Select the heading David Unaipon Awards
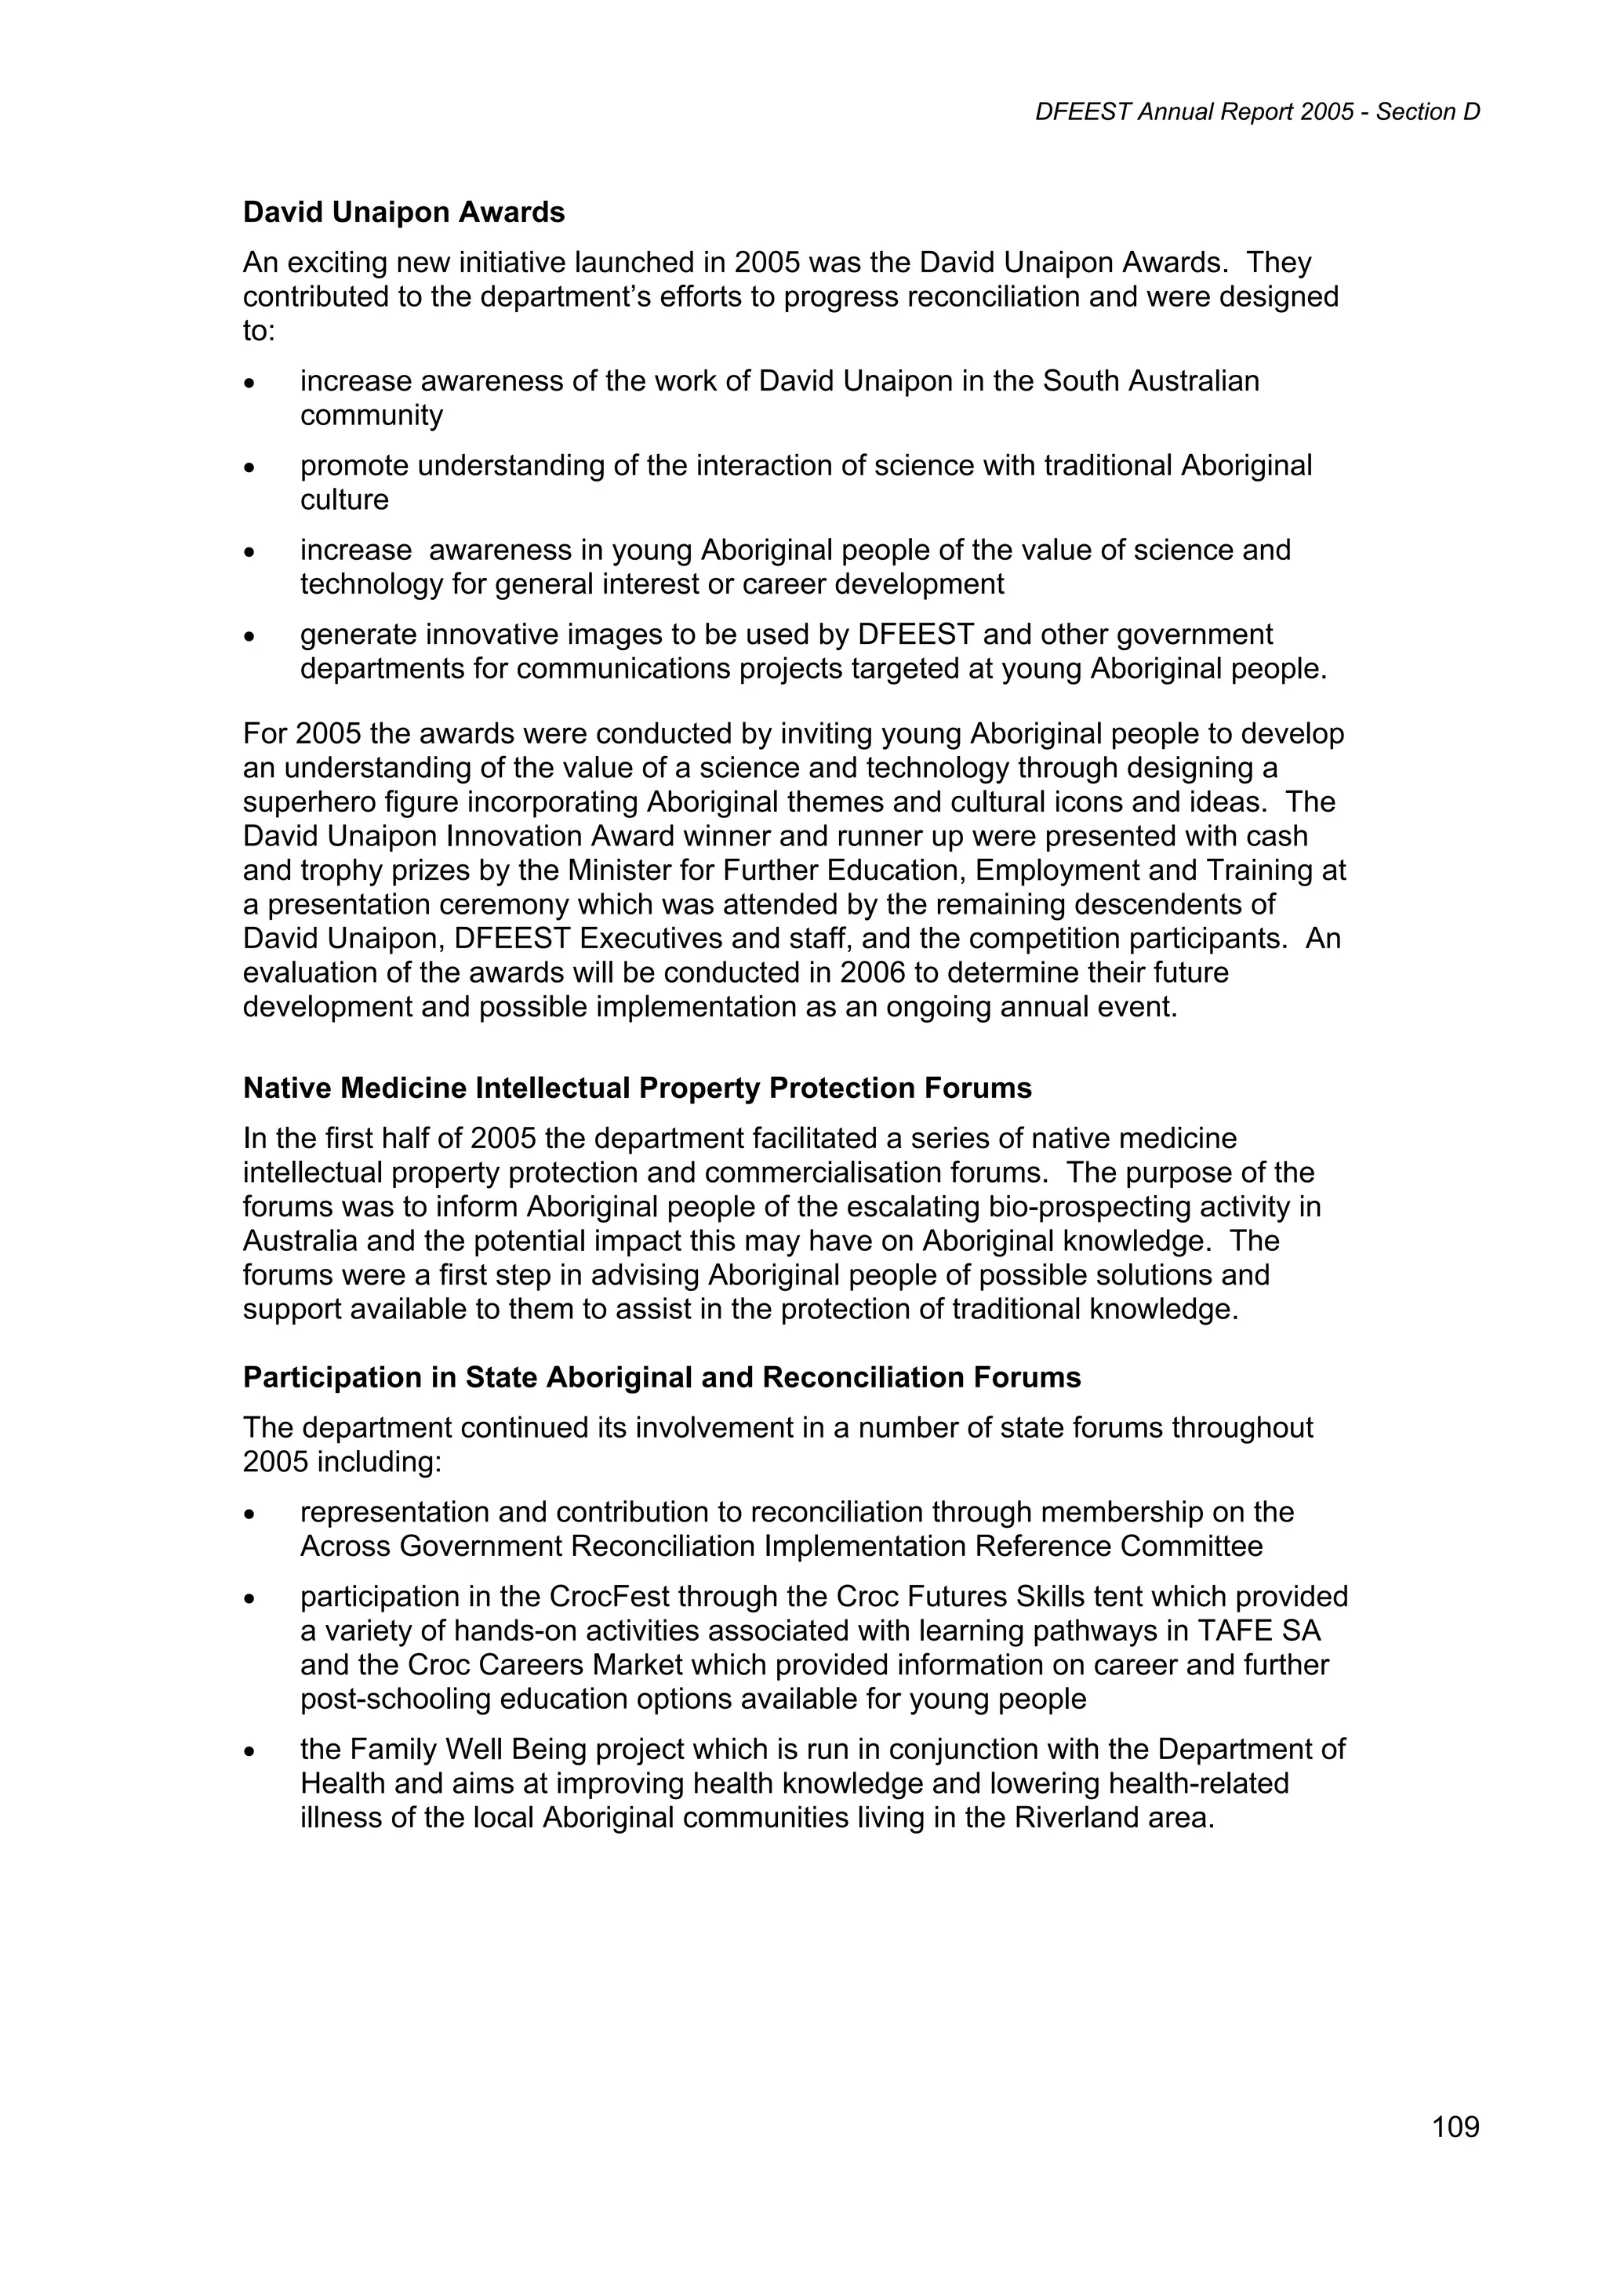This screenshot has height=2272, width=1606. tap(404, 213)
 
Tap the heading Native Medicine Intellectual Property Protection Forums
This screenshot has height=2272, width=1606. tap(638, 1089)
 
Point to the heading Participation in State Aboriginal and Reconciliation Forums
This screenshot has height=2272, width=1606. tap(662, 1377)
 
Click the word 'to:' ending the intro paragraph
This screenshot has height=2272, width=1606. tap(260, 332)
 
